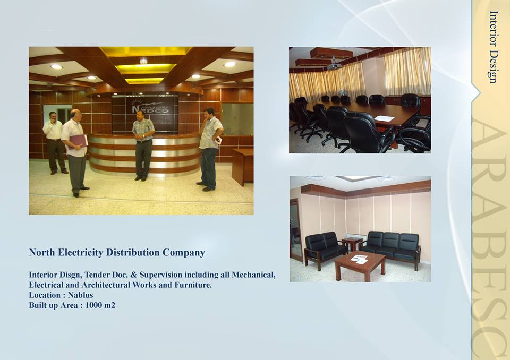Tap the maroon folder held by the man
click(x=78, y=141)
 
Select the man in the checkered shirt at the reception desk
click(x=143, y=145)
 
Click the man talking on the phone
click(x=55, y=143)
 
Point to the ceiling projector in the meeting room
click(x=334, y=65)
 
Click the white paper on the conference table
click(x=384, y=118)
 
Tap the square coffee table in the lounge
click(x=360, y=265)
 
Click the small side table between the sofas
click(x=352, y=243)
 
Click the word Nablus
click(x=80, y=295)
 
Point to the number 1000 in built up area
click(x=93, y=305)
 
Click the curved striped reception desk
click(x=144, y=154)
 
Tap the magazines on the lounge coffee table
click(x=359, y=259)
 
